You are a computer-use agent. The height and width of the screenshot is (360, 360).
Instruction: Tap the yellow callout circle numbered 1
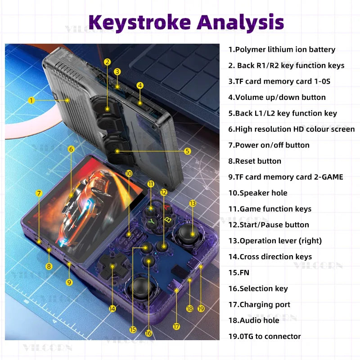tap(31, 100)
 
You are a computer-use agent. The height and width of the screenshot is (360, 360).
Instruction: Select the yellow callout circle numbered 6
tap(71, 149)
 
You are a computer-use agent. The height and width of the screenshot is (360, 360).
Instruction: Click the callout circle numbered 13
tap(193, 203)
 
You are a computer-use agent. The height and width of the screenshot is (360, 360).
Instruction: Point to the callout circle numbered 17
tap(176, 327)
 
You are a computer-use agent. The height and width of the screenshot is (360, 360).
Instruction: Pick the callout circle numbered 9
tap(69, 282)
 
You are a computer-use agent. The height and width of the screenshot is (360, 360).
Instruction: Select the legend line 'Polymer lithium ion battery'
tap(282, 49)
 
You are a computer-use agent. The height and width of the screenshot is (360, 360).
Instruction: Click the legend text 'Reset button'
tap(255, 161)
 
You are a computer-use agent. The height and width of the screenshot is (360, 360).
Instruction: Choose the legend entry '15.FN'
tap(239, 273)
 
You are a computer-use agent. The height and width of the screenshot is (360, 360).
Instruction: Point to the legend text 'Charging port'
tap(259, 305)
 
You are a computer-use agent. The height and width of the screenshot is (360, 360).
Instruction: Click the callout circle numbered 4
tap(140, 85)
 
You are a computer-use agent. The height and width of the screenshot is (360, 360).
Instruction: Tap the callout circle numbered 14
tap(112, 309)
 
